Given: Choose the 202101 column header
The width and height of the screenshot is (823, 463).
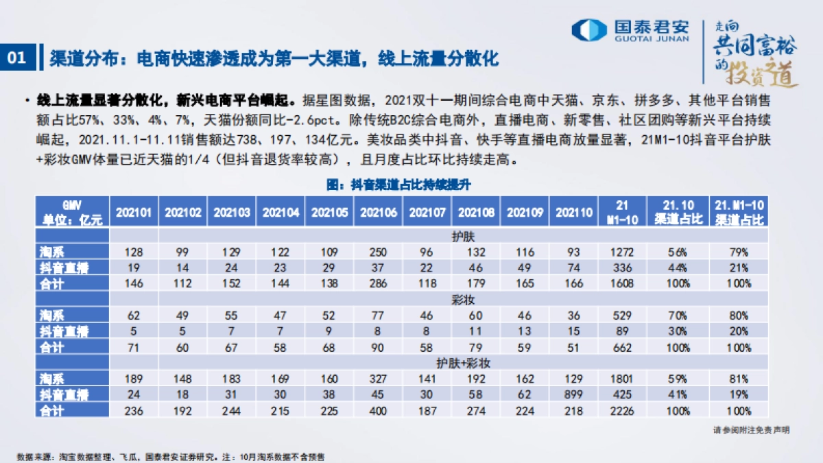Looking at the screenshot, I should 134,213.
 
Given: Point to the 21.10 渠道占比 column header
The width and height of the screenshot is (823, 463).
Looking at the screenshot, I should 679,213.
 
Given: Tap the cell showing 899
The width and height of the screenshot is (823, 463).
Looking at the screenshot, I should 573,394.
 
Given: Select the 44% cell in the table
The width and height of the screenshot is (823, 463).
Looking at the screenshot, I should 679,267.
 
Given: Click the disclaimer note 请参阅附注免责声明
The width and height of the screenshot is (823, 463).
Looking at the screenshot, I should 751,430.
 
